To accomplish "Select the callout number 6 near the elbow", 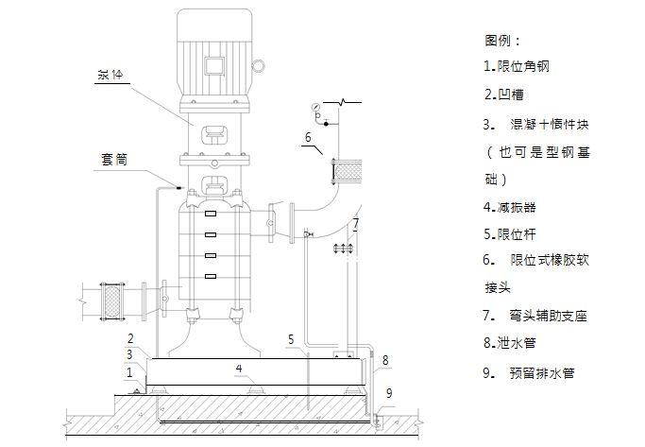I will coord(308,138).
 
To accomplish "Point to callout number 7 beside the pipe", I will coord(355,223).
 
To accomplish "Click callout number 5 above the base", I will coord(292,338).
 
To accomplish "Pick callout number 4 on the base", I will coord(240,367).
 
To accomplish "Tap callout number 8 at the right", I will coord(385,360).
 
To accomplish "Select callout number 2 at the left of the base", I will coord(131,337).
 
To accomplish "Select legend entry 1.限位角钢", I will coord(516,66).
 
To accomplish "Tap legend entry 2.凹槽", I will coord(505,95).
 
